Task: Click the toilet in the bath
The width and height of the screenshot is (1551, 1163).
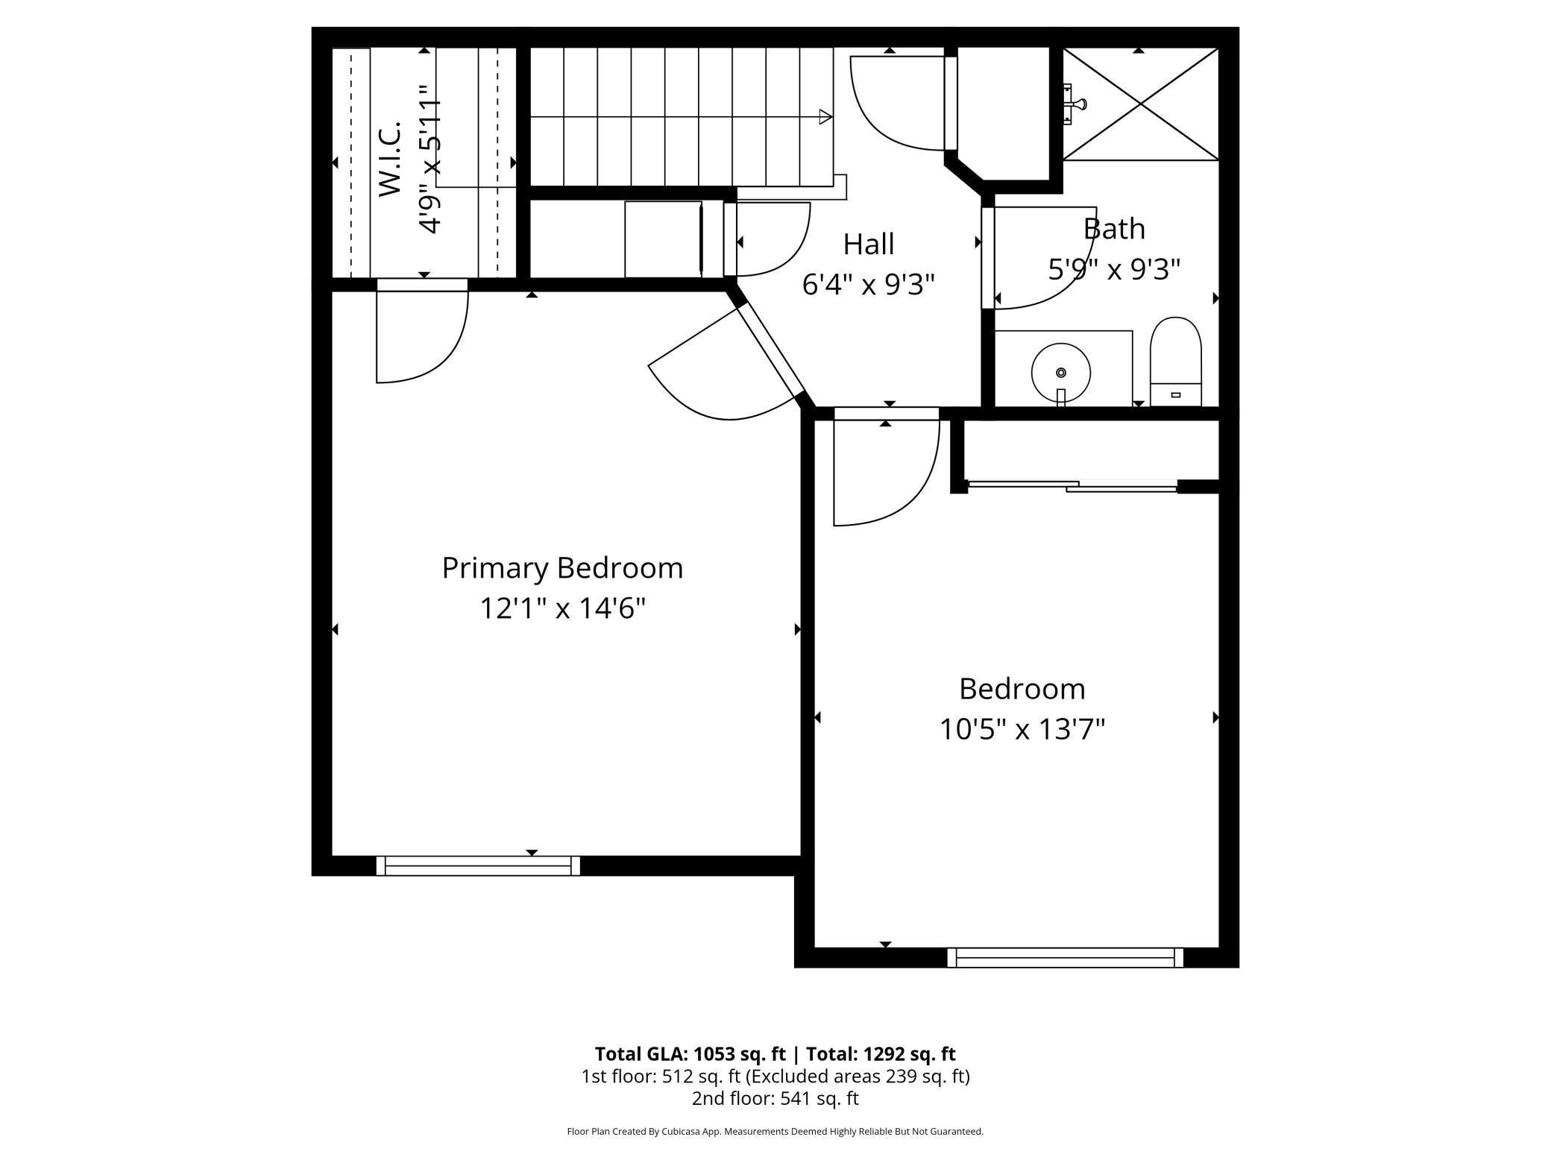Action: pyautogui.click(x=1176, y=362)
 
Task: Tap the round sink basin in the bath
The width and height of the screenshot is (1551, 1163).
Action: pyautogui.click(x=1061, y=373)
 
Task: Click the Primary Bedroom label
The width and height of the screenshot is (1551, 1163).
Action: pyautogui.click(x=562, y=568)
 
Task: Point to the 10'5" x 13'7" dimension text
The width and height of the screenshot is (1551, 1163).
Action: pyautogui.click(x=1022, y=728)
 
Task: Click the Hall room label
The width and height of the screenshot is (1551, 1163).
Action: pyautogui.click(x=869, y=244)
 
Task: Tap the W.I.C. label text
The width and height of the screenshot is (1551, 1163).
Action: pyautogui.click(x=390, y=159)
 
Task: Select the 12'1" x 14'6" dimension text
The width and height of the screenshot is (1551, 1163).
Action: pyautogui.click(x=562, y=608)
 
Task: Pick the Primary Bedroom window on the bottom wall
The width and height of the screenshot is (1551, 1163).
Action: pyautogui.click(x=478, y=866)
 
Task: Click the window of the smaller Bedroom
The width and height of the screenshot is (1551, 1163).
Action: pyautogui.click(x=1065, y=957)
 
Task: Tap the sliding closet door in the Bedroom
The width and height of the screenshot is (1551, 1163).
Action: pyautogui.click(x=1072, y=486)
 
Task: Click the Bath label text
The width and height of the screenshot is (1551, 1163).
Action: pyautogui.click(x=1114, y=229)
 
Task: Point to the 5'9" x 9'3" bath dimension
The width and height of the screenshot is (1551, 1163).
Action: pyautogui.click(x=1114, y=269)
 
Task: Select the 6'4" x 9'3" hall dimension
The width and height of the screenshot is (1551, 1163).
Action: pyautogui.click(x=869, y=284)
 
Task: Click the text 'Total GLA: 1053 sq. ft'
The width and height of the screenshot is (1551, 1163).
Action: pyautogui.click(x=690, y=1053)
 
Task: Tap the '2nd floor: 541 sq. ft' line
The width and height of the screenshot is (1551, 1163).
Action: pyautogui.click(x=775, y=1098)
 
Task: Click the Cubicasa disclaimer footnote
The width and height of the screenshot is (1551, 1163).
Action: pyautogui.click(x=775, y=1132)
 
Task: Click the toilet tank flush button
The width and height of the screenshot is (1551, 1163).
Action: pyautogui.click(x=1176, y=395)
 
